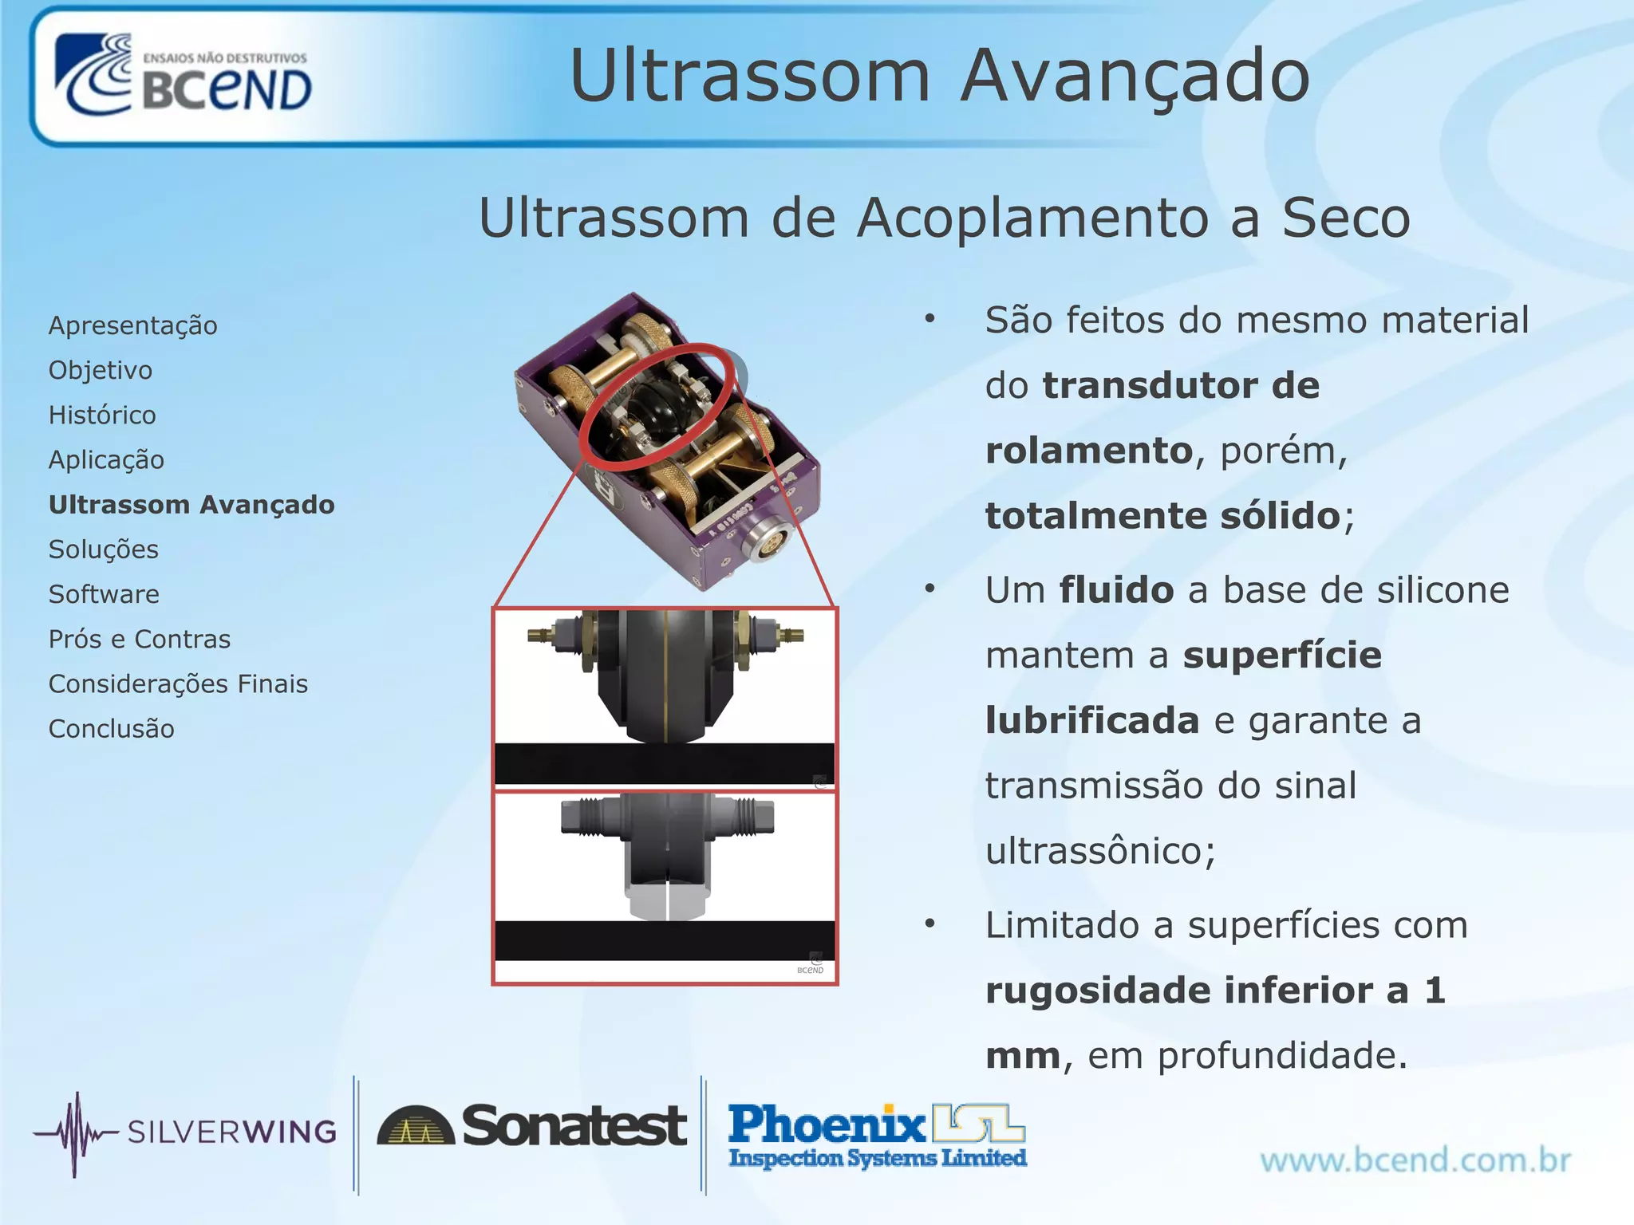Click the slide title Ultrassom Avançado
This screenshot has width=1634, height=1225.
(939, 76)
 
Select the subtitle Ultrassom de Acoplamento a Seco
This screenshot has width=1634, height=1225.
(944, 218)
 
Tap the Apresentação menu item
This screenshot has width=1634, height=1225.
(132, 325)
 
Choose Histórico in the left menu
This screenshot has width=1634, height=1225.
(102, 415)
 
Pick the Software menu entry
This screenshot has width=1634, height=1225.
(104, 594)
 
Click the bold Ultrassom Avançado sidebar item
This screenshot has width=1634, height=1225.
(191, 505)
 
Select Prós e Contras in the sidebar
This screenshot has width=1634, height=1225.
(140, 639)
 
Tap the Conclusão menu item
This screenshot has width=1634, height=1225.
(111, 729)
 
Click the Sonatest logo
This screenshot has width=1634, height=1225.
(531, 1126)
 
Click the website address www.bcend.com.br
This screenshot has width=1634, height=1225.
(1415, 1160)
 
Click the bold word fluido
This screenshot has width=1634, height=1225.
(1116, 590)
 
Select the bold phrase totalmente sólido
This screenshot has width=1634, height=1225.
(1162, 515)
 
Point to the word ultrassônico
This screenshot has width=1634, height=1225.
(1099, 851)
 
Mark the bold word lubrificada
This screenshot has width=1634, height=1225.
(1092, 721)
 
